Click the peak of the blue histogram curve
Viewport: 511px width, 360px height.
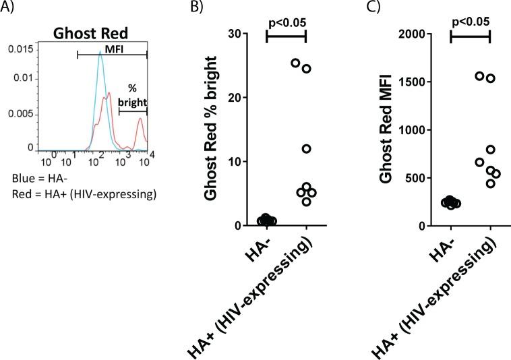[x=100, y=55]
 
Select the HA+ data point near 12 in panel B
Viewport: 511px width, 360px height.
[x=306, y=148]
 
